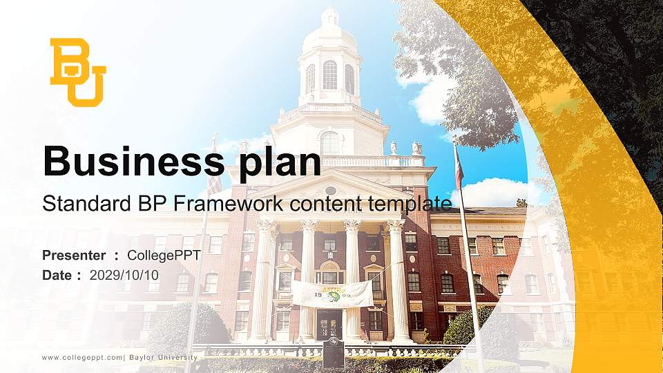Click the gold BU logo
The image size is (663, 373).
coord(77,72)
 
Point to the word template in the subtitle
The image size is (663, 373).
coord(410,204)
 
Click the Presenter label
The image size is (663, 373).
coord(74,256)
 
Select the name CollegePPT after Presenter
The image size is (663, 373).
coord(164,256)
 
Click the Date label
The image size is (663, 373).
coord(58,276)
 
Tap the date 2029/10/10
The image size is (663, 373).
coord(124,276)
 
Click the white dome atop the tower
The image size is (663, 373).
coord(329,31)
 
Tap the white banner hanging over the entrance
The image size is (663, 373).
coord(332,294)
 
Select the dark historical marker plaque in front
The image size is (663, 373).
coord(334,352)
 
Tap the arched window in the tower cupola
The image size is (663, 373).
coord(329,75)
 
